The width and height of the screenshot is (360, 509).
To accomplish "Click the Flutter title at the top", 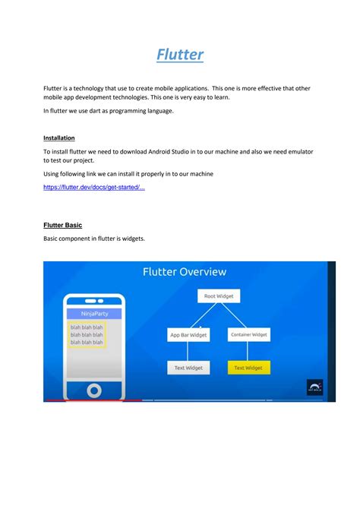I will [x=180, y=55].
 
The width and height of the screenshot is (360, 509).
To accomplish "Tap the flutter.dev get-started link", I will [x=93, y=187].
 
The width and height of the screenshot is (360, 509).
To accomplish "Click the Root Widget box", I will [x=219, y=296].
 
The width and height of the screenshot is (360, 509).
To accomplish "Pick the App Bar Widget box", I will [x=188, y=335].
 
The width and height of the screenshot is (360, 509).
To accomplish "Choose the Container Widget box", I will [x=248, y=334].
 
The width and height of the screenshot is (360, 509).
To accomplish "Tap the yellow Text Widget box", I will [x=248, y=368].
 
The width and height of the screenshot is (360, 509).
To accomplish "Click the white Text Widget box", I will [x=188, y=368].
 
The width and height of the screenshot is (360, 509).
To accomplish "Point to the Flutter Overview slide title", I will [x=185, y=272].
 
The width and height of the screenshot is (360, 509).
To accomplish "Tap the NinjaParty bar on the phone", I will [x=93, y=313].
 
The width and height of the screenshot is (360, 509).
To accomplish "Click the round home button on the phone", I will [x=94, y=390].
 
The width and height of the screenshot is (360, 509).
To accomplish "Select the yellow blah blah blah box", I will [x=87, y=334].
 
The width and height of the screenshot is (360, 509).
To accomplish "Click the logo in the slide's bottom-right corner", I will [x=315, y=387].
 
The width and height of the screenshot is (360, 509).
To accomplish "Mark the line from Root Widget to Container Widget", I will [x=234, y=315].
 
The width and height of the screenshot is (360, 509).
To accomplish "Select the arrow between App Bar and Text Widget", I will [x=188, y=351].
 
